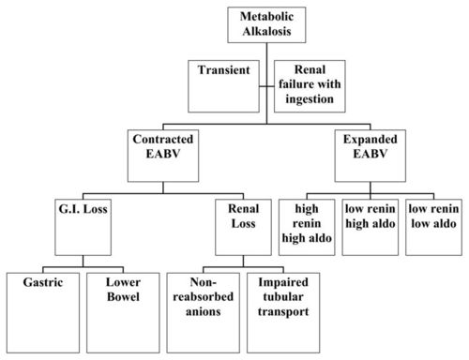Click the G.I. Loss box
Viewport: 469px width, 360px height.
tap(83, 224)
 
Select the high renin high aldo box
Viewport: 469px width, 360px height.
tap(306, 225)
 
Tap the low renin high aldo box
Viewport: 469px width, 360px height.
tap(371, 225)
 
